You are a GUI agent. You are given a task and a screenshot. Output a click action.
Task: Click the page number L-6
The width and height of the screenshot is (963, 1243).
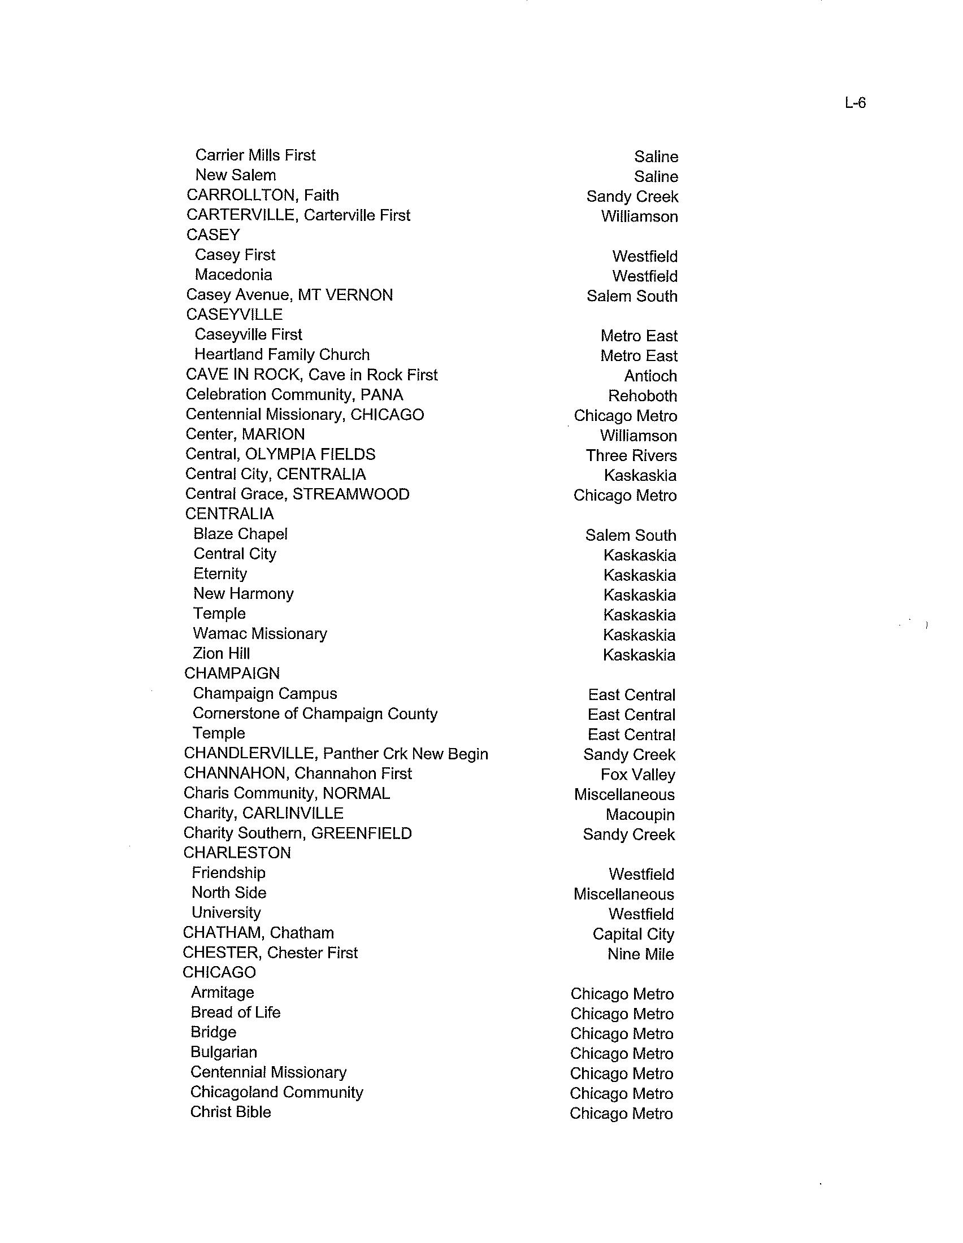[855, 103]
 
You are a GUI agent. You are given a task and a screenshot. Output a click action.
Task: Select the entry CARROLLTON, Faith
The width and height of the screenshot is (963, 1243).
[262, 195]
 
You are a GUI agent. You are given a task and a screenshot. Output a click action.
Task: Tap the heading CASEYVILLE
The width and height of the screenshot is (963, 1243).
[234, 315]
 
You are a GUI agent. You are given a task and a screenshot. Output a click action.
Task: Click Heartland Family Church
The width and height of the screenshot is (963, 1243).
[282, 355]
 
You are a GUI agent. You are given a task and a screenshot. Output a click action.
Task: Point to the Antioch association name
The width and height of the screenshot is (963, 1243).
[650, 376]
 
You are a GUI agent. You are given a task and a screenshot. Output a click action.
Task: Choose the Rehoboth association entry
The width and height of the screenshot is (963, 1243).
[642, 396]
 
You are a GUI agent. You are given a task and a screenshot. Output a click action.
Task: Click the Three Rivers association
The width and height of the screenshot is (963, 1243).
[631, 456]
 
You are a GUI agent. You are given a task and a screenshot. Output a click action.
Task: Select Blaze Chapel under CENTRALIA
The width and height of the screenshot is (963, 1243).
[240, 534]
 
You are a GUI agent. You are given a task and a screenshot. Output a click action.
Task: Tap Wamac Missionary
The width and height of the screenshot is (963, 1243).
[259, 633]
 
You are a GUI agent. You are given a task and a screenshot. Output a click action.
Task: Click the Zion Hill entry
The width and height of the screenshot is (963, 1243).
[222, 653]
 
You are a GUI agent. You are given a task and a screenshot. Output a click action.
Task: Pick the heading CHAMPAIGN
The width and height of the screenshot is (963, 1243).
[232, 673]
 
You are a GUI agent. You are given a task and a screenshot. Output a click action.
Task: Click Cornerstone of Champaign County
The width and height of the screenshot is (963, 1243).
[315, 714]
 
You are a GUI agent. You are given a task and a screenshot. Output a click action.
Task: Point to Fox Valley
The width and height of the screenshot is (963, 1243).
[637, 775]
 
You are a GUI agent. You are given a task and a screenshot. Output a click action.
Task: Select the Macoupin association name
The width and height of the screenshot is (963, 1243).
[640, 814]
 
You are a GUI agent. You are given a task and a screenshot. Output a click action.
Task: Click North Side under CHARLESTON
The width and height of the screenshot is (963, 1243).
[229, 892]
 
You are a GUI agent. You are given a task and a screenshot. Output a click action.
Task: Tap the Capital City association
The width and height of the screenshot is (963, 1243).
[633, 934]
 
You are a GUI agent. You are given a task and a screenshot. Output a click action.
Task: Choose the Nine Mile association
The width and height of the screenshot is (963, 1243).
[640, 954]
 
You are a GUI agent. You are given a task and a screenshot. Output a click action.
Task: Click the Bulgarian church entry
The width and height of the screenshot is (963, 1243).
[224, 1052]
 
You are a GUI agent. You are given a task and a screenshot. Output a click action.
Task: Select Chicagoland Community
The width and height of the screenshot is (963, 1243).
[276, 1092]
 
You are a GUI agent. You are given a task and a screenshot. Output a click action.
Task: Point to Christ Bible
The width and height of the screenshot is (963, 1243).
[231, 1111]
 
